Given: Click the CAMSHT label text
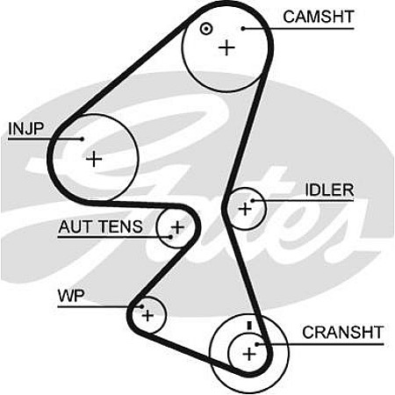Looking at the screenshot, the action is pyautogui.click(x=319, y=17).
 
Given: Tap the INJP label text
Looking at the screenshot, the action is pyautogui.click(x=26, y=129).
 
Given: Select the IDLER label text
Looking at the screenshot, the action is pyautogui.click(x=329, y=190).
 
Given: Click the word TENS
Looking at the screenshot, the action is pyautogui.click(x=120, y=226).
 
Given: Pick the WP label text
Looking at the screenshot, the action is pyautogui.click(x=71, y=296).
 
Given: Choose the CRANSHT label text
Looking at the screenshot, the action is pyautogui.click(x=342, y=333).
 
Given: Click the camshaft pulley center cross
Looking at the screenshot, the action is pyautogui.click(x=226, y=47).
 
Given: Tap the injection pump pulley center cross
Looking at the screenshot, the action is pyautogui.click(x=94, y=159).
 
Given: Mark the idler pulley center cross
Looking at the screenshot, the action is pyautogui.click(x=245, y=209).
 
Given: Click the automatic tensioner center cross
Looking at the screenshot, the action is pyautogui.click(x=177, y=227).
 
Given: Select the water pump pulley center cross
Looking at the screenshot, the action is pyautogui.click(x=147, y=315).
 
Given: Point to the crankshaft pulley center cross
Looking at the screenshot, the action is pyautogui.click(x=249, y=355).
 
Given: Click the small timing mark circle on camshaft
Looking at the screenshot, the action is pyautogui.click(x=206, y=29).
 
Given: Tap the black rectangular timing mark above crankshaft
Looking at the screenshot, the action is pyautogui.click(x=249, y=326).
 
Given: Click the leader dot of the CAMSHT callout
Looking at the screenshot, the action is pyautogui.click(x=243, y=28).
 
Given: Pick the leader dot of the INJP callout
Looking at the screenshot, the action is pyautogui.click(x=83, y=139).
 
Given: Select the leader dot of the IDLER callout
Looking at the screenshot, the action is pyautogui.click(x=252, y=201).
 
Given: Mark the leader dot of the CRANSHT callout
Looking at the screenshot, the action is pyautogui.click(x=256, y=344).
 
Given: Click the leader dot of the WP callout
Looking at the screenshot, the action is pyautogui.click(x=141, y=306).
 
